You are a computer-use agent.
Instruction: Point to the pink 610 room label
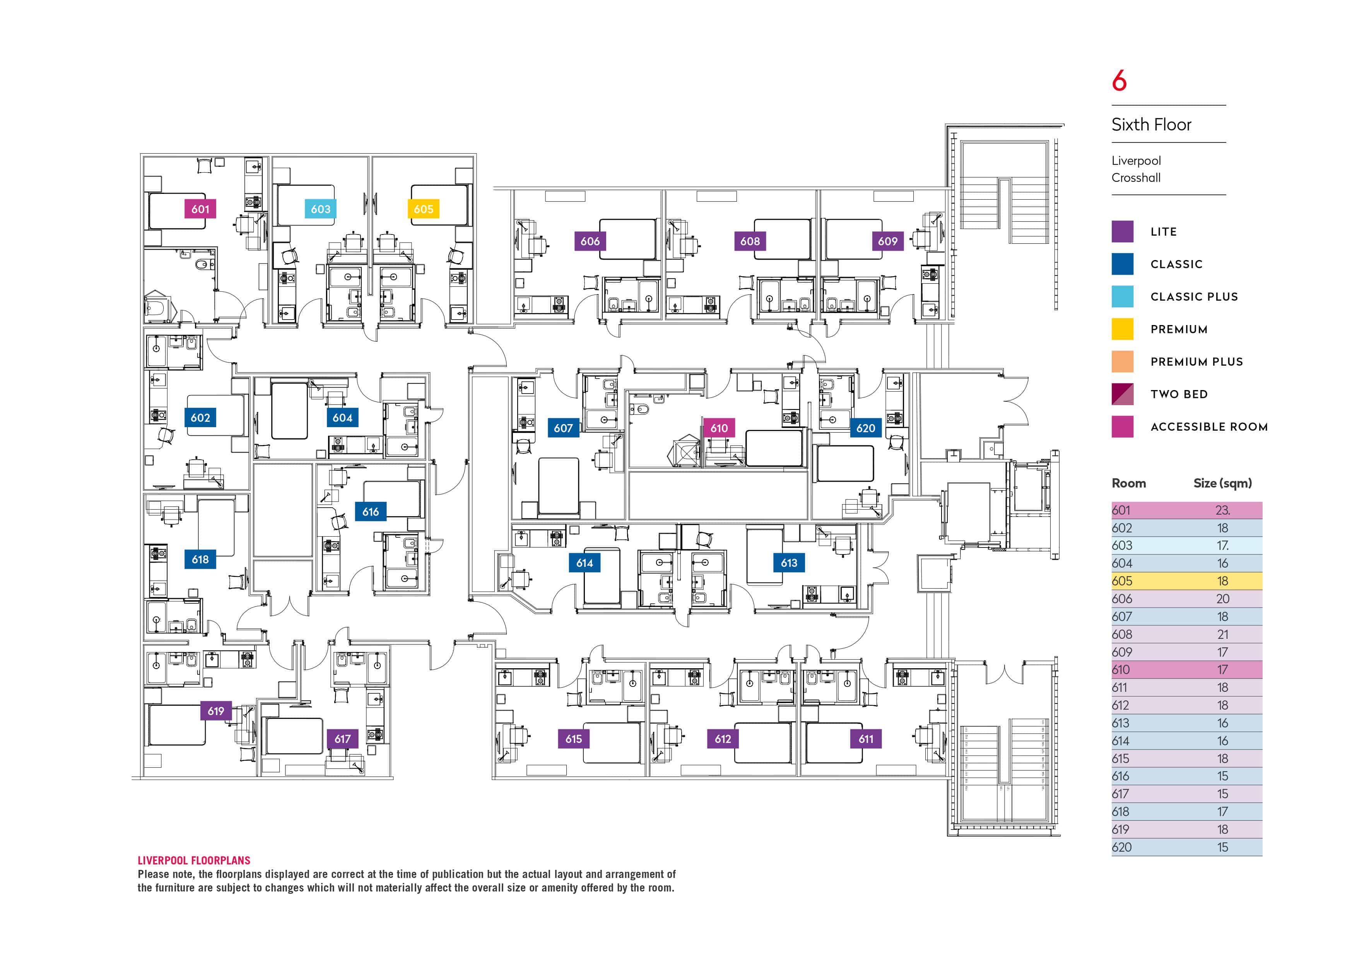719,428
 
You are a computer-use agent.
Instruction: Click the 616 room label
371,512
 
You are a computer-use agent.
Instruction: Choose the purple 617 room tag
342,739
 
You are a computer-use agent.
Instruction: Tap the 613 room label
789,563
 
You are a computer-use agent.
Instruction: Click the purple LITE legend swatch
1122,232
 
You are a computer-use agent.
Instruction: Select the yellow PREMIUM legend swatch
1122,329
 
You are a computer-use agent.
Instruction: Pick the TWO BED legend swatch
1122,394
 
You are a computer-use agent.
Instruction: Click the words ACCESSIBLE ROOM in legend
1209,427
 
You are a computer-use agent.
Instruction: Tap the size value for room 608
1222,634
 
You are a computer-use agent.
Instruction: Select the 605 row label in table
1122,581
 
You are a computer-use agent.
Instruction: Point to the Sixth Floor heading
1151,125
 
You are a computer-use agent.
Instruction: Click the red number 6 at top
1119,81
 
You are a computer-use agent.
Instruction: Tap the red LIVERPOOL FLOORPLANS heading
194,861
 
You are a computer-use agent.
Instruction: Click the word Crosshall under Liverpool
1136,178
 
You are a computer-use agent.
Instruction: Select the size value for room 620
1222,847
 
